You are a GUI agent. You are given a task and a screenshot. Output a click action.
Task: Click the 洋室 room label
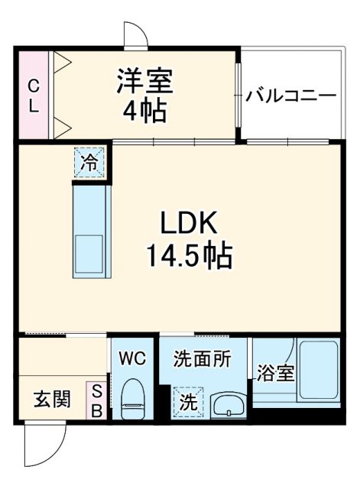tap(144, 80)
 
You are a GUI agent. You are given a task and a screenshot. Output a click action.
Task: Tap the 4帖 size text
tap(144, 111)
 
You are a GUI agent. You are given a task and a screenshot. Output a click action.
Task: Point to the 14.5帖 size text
tap(189, 256)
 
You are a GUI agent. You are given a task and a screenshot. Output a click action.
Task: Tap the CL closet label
tap(33, 96)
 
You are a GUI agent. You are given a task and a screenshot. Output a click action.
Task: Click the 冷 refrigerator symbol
tap(90, 162)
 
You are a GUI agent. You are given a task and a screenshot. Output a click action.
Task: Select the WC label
tap(133, 358)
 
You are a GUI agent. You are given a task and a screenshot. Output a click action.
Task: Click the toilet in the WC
tap(134, 399)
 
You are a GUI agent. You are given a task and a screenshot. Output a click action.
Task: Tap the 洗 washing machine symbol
tap(187, 403)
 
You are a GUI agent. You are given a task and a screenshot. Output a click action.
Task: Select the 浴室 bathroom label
tap(274, 374)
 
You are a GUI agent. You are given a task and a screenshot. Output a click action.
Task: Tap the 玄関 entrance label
tap(52, 400)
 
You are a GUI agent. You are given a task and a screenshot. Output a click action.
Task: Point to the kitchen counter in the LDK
tap(91, 230)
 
